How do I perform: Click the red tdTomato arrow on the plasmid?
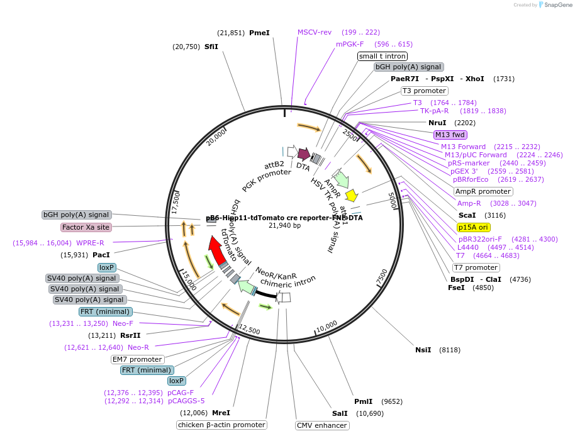[218, 251]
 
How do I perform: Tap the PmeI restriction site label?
[259, 33]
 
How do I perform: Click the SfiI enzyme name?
[211, 47]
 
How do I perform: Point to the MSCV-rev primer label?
[315, 32]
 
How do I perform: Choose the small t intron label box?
[382, 56]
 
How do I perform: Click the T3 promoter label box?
[423, 91]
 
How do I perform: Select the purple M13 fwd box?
[450, 134]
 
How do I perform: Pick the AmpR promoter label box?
[483, 191]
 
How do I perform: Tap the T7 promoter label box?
[476, 267]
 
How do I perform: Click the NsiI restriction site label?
[423, 350]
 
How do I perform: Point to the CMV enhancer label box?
[321, 425]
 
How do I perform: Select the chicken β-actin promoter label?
[221, 425]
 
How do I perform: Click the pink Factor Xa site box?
[86, 227]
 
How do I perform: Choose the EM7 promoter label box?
[137, 359]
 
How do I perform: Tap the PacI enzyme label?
[101, 255]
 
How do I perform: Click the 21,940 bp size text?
[284, 225]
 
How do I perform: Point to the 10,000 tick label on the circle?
[327, 327]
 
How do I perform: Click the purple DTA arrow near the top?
[304, 154]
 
